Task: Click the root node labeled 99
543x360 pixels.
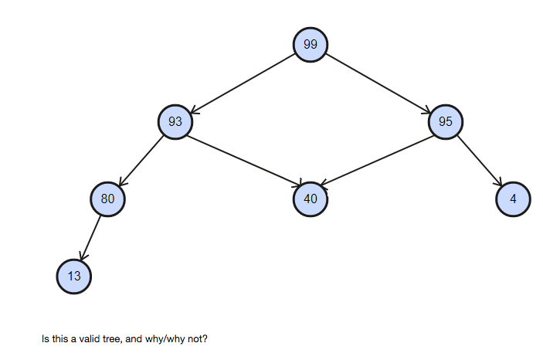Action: coord(311,44)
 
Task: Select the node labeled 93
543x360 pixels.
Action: coord(175,121)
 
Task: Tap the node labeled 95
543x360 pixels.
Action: coord(446,121)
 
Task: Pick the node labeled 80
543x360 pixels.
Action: coord(107,199)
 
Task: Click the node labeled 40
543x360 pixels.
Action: coord(311,199)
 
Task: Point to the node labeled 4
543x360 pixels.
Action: coord(514,199)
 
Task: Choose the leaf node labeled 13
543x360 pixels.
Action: coord(74,276)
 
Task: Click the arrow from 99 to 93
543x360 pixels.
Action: coord(243,83)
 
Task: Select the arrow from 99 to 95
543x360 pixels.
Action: coord(378,83)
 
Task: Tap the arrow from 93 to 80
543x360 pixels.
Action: coord(141,160)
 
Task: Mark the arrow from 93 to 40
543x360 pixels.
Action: coord(243,160)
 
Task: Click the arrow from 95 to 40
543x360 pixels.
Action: coord(378,160)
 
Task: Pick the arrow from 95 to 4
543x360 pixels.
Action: coord(480,160)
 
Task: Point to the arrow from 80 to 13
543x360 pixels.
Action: coord(91,237)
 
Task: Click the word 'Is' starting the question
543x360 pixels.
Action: coord(46,339)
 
